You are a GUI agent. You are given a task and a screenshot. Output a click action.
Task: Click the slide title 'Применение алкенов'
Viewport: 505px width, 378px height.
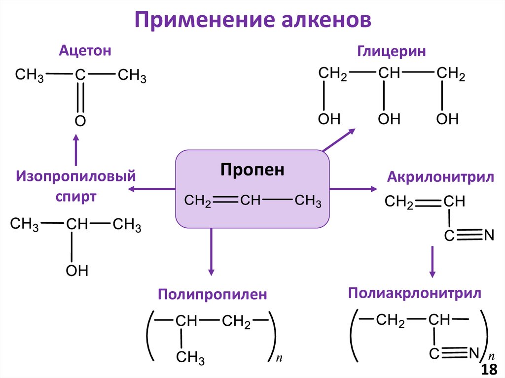(252, 20)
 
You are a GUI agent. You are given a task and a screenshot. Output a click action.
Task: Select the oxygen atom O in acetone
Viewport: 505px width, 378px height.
(80, 121)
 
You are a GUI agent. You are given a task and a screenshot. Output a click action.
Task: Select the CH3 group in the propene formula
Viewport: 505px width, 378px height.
(308, 201)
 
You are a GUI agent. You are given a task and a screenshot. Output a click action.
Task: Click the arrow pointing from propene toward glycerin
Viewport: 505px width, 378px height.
(339, 139)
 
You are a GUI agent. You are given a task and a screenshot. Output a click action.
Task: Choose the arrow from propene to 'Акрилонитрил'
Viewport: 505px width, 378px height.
(353, 189)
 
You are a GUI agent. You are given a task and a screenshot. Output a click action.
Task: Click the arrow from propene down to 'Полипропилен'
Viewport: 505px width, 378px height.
(211, 251)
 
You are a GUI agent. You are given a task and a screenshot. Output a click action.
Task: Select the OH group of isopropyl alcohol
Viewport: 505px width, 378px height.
(77, 270)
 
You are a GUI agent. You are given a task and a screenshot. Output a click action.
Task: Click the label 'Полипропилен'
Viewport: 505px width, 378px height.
(212, 295)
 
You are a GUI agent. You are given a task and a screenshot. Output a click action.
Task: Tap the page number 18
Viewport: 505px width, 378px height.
(490, 370)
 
